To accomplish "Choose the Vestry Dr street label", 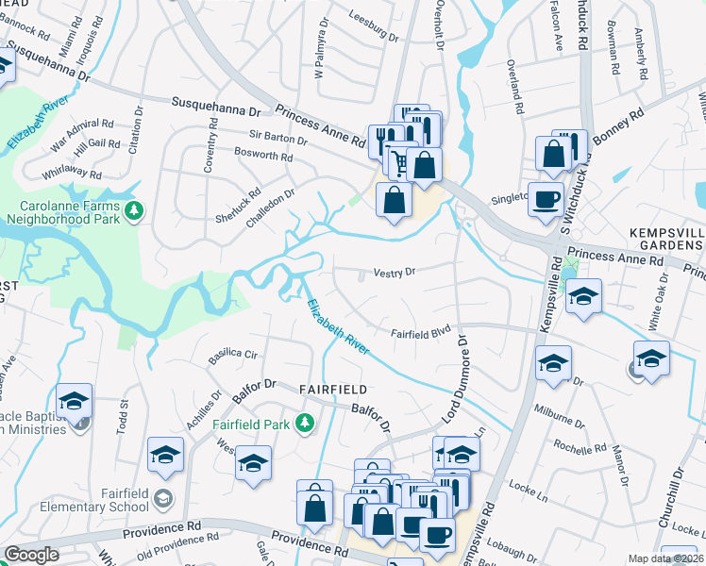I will point(395,272).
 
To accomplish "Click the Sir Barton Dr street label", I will point(278,139).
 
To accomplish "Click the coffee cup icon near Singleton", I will point(546,200).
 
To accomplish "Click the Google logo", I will point(31,555).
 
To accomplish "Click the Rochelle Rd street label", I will point(579,447).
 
